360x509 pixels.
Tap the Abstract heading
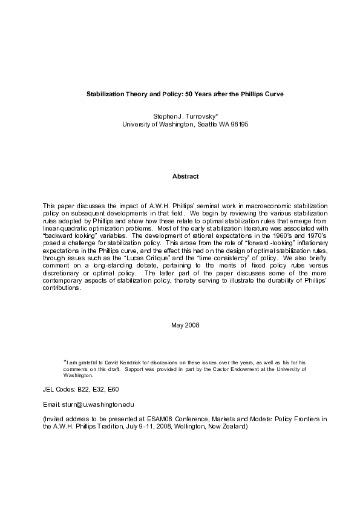[x=185, y=176]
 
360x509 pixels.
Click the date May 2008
[x=185, y=325]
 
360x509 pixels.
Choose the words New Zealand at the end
[x=231, y=426]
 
